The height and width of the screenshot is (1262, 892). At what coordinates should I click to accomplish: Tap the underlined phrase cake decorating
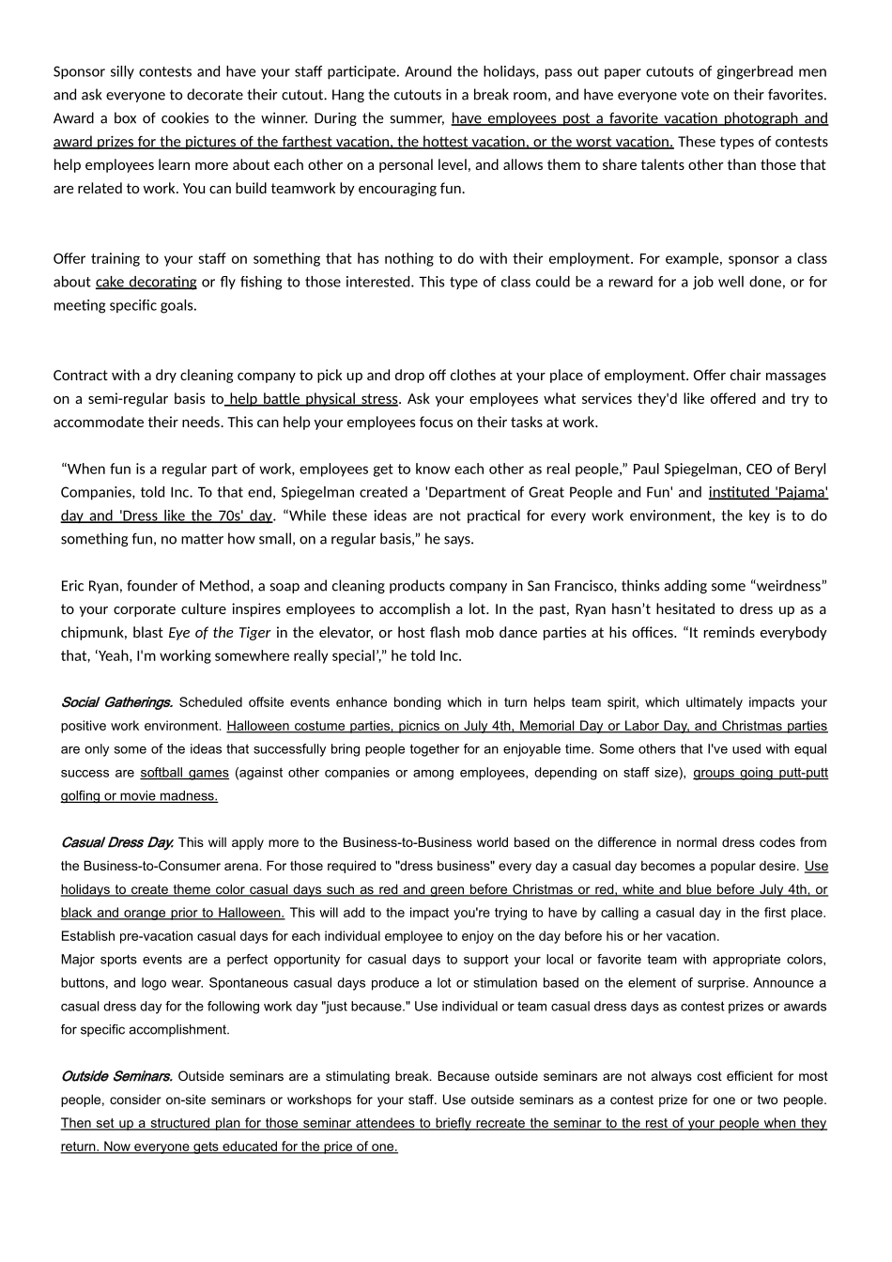coord(146,282)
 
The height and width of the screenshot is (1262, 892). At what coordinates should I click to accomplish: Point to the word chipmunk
coord(91,633)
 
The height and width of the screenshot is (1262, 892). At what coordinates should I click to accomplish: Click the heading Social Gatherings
coord(116,702)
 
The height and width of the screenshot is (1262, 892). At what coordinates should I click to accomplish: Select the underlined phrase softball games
coord(184,773)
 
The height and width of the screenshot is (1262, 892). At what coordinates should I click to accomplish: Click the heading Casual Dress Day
coord(116,842)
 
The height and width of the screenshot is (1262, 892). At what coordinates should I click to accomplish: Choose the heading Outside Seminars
coord(116,1076)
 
